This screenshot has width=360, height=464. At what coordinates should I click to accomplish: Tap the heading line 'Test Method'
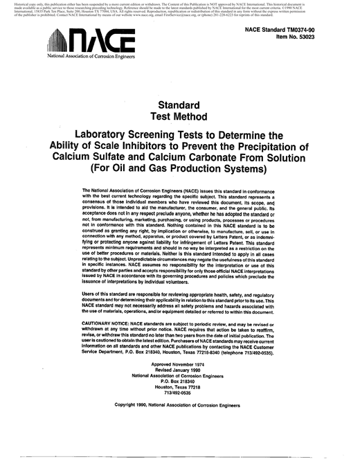coord(180,116)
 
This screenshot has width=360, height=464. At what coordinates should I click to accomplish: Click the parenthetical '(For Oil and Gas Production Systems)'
coord(181,169)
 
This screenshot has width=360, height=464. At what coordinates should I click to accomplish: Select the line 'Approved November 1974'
coord(180,364)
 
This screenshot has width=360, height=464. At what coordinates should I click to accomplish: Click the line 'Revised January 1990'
coord(180,370)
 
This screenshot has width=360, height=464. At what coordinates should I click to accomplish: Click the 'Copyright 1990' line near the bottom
coord(180,404)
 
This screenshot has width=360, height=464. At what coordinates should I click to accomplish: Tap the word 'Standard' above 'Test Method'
coord(180,105)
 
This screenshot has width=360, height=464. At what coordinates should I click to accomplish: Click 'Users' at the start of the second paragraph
coord(90,294)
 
